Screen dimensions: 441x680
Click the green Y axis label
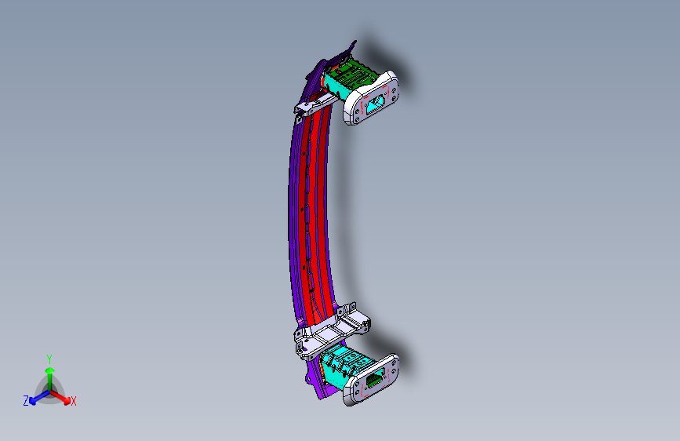pos(49,359)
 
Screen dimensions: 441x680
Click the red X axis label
pos(74,402)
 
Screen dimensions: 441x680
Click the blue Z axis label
pos(26,401)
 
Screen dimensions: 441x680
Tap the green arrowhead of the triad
pos(49,370)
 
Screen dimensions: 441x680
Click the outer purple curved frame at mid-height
pos(292,220)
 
